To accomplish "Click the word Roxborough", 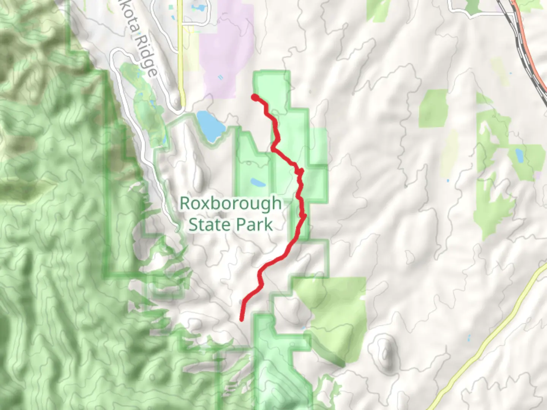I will [230, 203].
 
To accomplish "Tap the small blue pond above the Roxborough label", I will [258, 183].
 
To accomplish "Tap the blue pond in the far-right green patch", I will [519, 155].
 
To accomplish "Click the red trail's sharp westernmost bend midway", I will [273, 150].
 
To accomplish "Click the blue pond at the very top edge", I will [198, 8].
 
